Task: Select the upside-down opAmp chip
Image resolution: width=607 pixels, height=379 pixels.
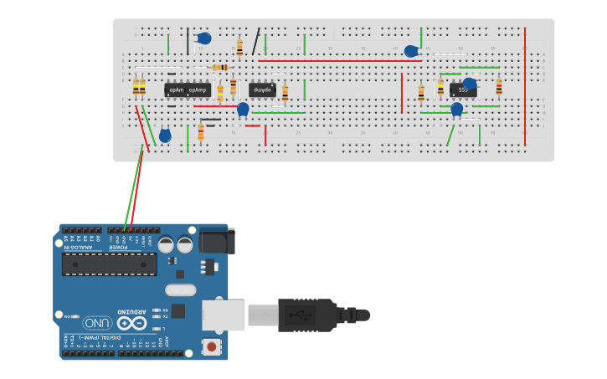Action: (262, 90)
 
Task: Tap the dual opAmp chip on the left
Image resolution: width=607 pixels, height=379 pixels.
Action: (187, 90)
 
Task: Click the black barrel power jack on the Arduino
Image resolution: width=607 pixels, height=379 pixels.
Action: (217, 240)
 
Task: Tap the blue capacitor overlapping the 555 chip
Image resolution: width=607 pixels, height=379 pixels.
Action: (470, 84)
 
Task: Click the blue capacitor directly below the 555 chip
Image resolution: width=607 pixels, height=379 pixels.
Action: (457, 109)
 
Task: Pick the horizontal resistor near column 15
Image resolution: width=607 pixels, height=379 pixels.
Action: (220, 67)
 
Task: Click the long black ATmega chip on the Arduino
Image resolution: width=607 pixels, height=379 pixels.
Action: (109, 264)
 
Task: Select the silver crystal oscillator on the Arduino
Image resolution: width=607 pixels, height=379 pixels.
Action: (180, 290)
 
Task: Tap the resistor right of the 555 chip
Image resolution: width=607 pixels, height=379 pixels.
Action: (499, 87)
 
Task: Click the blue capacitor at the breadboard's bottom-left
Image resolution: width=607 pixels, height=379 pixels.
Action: (165, 135)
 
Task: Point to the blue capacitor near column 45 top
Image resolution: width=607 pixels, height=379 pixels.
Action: (411, 51)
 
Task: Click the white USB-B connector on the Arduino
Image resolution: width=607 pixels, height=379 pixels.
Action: (223, 315)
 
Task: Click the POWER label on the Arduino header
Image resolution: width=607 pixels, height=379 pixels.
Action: (122, 246)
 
